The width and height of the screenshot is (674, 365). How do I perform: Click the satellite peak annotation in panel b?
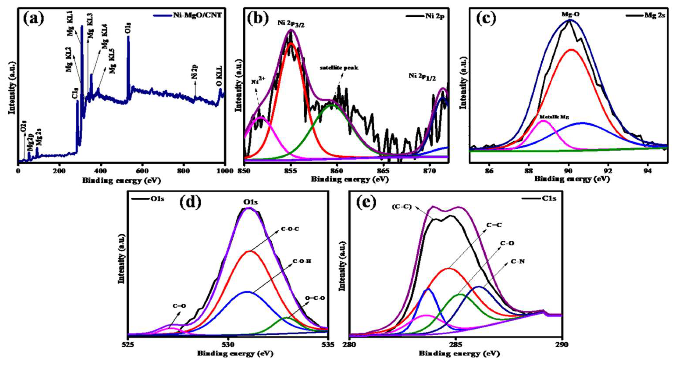(339, 68)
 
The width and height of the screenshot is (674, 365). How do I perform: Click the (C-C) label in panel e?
(402, 207)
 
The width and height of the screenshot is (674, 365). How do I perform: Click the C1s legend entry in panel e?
(548, 199)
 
